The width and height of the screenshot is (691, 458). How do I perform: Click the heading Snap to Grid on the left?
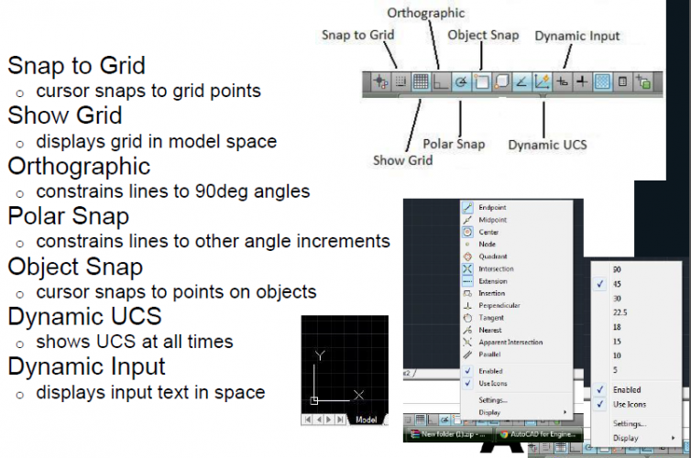[x=76, y=66]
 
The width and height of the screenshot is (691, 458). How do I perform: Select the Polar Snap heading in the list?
[x=69, y=216]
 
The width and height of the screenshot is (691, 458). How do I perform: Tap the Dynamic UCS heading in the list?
[x=84, y=316]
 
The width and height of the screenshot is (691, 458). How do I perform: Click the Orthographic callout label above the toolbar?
[x=425, y=13]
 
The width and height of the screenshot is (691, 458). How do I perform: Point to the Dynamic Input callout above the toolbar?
[x=576, y=36]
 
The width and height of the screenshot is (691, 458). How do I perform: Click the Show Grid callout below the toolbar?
[x=402, y=160]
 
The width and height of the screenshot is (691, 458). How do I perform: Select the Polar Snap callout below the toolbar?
[x=454, y=144]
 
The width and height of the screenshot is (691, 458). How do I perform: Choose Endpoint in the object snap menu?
[x=492, y=208]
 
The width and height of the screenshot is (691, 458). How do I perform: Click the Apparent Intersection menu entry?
[x=510, y=342]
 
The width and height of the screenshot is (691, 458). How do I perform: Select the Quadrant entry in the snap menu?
[x=492, y=256]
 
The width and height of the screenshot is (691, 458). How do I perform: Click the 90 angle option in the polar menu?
[x=617, y=269]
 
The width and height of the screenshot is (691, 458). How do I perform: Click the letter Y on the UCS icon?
[x=320, y=354]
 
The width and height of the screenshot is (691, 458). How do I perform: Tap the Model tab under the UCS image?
[x=366, y=420]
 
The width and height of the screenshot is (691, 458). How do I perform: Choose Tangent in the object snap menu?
[x=491, y=317]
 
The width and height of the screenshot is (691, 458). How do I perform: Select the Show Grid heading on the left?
[x=65, y=116]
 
